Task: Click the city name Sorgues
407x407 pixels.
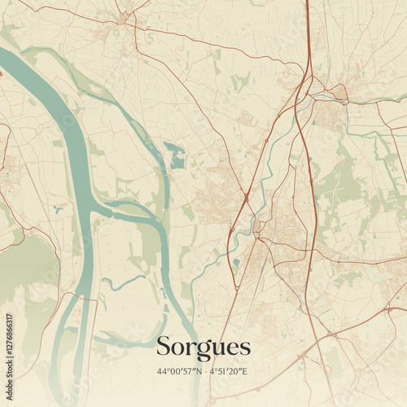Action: point(203,347)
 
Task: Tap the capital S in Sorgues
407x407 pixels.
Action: point(163,346)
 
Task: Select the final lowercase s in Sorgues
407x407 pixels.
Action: point(244,348)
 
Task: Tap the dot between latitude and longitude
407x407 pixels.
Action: point(203,372)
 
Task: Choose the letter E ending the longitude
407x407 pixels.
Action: point(246,372)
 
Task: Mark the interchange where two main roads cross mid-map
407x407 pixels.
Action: point(247,197)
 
